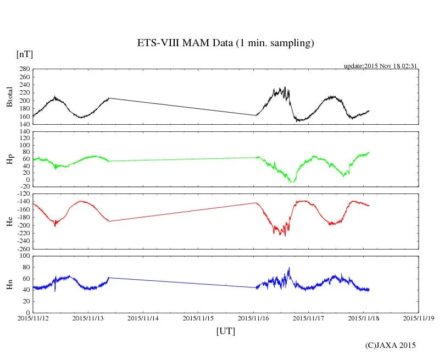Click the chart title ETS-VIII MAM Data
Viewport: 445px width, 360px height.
click(x=225, y=43)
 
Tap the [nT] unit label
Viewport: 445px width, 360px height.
click(x=25, y=54)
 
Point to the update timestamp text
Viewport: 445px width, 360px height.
click(x=381, y=65)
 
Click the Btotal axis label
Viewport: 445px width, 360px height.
click(x=9, y=97)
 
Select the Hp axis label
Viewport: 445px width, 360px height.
click(x=9, y=159)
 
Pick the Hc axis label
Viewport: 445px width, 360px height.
click(x=9, y=221)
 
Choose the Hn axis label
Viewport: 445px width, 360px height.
click(x=9, y=284)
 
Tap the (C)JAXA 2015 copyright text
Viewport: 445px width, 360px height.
click(x=391, y=345)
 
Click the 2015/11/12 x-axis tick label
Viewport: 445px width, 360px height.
click(x=33, y=318)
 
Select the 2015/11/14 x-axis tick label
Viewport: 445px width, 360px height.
click(x=143, y=318)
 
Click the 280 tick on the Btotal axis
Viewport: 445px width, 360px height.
click(x=24, y=69)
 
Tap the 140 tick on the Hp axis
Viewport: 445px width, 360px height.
click(x=24, y=132)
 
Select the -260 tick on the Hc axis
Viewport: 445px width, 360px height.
click(x=22, y=248)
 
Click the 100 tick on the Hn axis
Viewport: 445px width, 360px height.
click(x=24, y=256)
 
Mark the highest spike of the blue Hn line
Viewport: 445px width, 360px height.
click(x=289, y=268)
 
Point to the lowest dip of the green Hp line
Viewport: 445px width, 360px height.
click(x=292, y=181)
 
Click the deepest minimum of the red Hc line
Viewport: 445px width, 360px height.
click(x=285, y=236)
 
